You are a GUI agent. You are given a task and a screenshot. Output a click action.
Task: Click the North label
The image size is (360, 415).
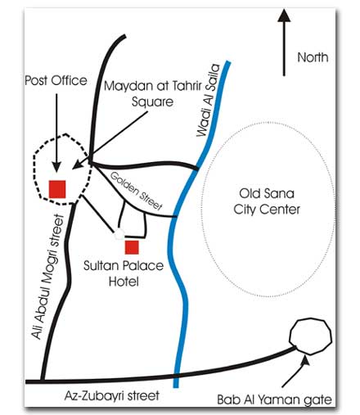tap(313, 57)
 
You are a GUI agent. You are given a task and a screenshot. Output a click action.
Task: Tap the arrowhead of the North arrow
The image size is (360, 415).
tap(284, 16)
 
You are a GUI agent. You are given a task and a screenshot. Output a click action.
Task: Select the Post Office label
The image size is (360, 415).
tap(56, 80)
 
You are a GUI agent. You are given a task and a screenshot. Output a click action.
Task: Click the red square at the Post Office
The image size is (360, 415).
tap(57, 189)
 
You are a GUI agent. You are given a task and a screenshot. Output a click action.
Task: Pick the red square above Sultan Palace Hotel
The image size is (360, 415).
tap(132, 247)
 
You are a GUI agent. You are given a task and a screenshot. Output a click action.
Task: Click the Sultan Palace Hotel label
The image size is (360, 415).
tap(124, 273)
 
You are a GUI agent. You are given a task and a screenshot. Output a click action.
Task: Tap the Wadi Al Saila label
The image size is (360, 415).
tap(208, 100)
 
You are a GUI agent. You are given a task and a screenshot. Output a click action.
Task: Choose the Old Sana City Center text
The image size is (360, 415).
tap(267, 201)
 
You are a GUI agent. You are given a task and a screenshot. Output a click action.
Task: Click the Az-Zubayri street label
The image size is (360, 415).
tap(112, 396)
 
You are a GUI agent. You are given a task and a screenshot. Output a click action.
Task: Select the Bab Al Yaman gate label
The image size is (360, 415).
tap(274, 400)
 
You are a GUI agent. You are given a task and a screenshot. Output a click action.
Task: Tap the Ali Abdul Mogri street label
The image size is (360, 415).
tap(47, 277)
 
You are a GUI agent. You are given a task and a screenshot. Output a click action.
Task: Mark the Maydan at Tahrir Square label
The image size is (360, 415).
tap(153, 93)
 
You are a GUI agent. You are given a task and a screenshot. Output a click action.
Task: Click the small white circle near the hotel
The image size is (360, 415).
tap(119, 234)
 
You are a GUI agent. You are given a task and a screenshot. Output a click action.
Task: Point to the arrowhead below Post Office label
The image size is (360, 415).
tap(56, 166)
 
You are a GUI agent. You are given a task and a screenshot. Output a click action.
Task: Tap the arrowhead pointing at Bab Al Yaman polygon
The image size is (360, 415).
tap(306, 360)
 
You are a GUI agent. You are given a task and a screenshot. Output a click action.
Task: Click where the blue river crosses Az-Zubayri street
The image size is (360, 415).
tap(176, 376)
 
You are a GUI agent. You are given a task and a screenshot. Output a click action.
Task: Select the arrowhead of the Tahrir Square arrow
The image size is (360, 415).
tap(78, 165)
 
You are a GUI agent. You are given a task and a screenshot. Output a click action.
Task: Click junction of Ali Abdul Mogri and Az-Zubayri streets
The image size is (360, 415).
tap(42, 381)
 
